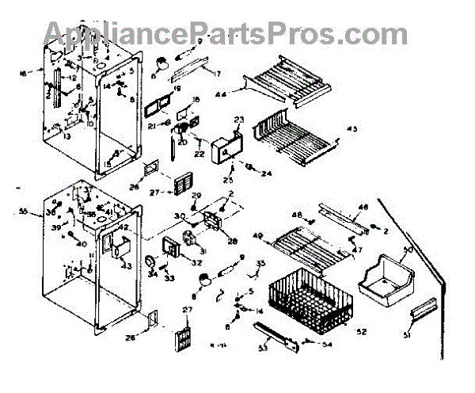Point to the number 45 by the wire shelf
tap(351, 128)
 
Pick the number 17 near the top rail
tap(217, 74)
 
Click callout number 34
tap(150, 273)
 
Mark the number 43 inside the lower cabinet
tap(125, 265)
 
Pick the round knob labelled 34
tap(150, 262)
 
